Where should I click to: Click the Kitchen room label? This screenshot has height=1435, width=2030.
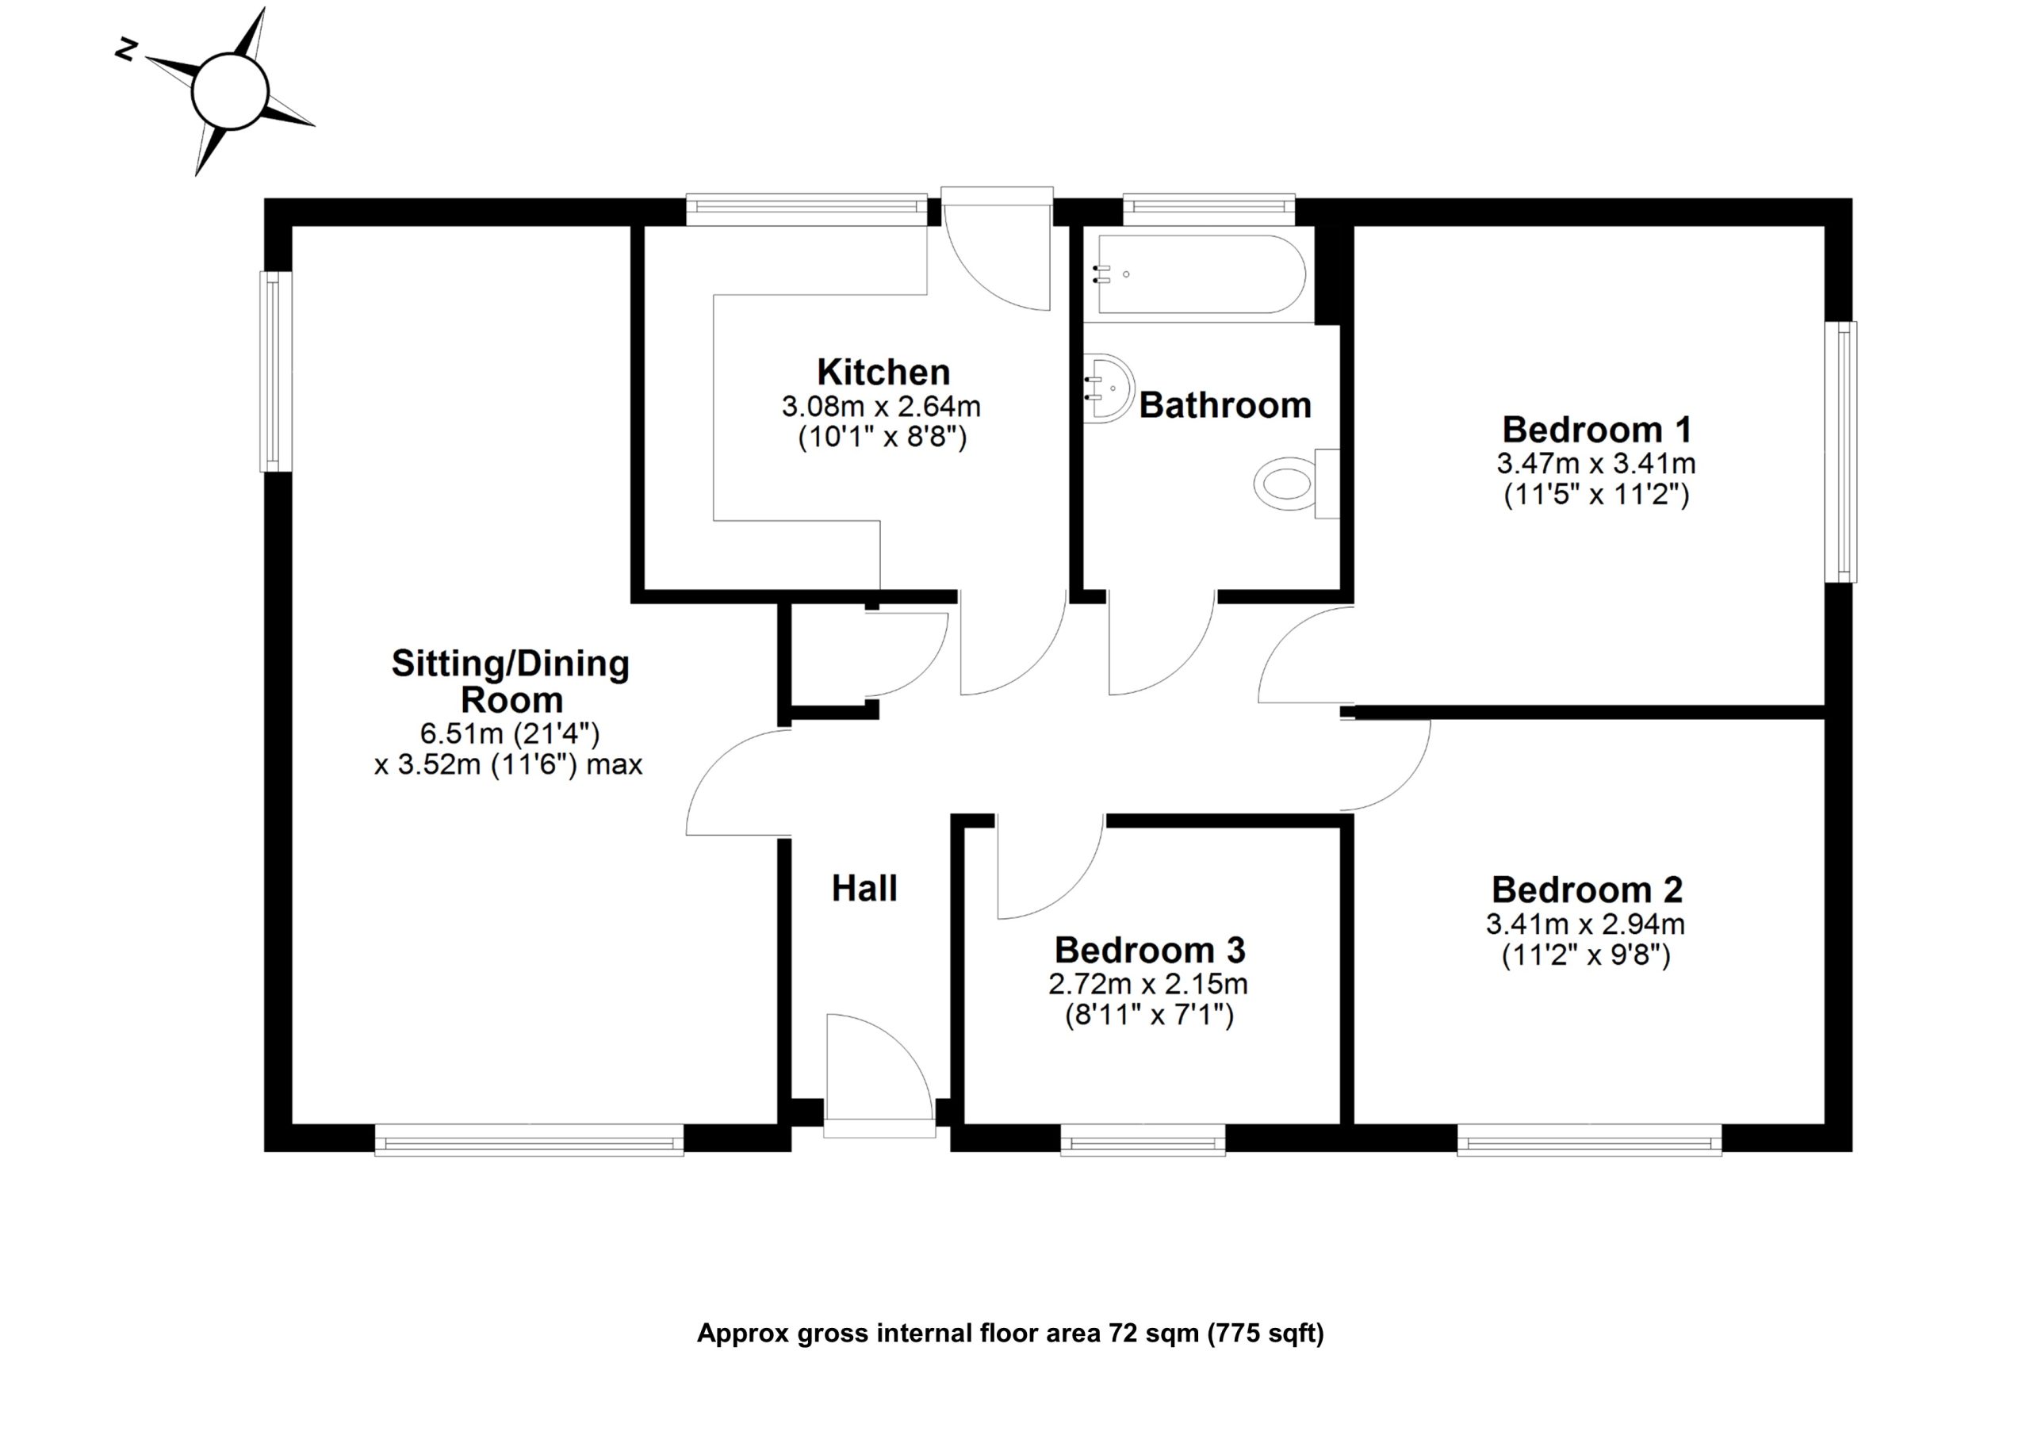[x=883, y=373]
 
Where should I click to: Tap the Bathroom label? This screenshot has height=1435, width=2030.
[x=1224, y=406]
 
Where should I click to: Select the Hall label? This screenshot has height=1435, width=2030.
[x=864, y=889]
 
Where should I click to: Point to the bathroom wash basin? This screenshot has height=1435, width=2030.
[x=1108, y=388]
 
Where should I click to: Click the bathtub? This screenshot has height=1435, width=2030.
[x=1201, y=274]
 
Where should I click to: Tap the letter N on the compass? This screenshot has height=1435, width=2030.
[x=126, y=52]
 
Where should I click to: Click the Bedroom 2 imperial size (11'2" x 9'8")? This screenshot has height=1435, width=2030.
[x=1585, y=956]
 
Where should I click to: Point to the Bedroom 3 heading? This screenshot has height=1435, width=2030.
[x=1149, y=951]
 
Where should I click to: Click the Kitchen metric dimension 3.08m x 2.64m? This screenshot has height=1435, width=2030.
[x=881, y=407]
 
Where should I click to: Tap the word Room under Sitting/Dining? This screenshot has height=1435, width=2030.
[x=511, y=700]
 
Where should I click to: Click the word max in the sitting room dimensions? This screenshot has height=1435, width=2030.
[x=615, y=764]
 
